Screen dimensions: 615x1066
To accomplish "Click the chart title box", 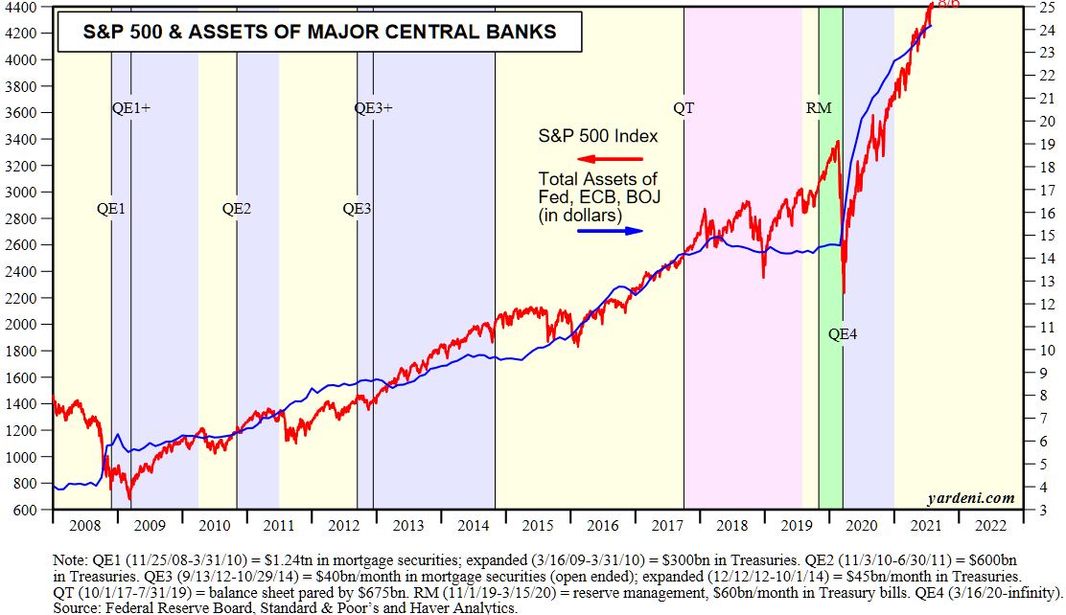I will (x=320, y=32).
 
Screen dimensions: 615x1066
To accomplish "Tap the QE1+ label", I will (x=131, y=108).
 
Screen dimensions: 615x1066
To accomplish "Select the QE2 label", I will (x=237, y=208).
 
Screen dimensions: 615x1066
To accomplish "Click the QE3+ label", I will (x=374, y=108).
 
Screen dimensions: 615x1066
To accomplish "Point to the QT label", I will (x=684, y=108).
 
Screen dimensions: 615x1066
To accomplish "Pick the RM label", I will (x=819, y=108).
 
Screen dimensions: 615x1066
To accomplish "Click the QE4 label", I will (x=843, y=334).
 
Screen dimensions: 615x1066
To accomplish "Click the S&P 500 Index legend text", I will (x=598, y=136).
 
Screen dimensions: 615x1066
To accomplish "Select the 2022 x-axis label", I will (x=989, y=526).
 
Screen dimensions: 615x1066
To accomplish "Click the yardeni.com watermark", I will (x=970, y=498).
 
